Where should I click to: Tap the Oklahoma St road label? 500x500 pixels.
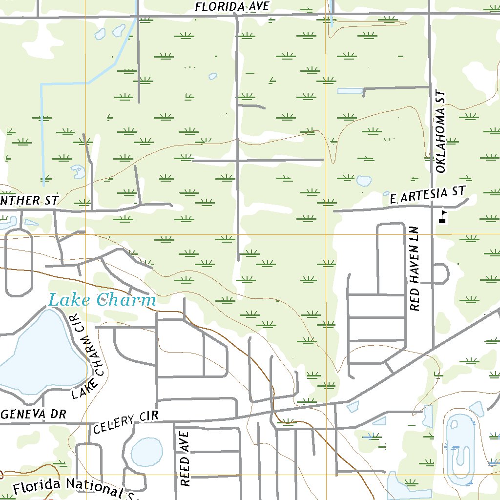tap(441, 131)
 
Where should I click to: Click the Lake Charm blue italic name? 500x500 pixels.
tap(103, 300)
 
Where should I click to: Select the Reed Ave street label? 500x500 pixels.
tap(184, 458)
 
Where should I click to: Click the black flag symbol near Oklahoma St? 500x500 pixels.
tap(443, 216)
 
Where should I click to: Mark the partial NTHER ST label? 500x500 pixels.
tap(29, 200)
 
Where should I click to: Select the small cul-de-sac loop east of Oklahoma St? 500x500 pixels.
tap(442, 273)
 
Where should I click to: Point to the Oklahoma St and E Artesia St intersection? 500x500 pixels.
tap(431, 206)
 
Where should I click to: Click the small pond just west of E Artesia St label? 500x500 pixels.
tap(363, 181)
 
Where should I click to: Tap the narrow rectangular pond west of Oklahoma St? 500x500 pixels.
tap(350, 91)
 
